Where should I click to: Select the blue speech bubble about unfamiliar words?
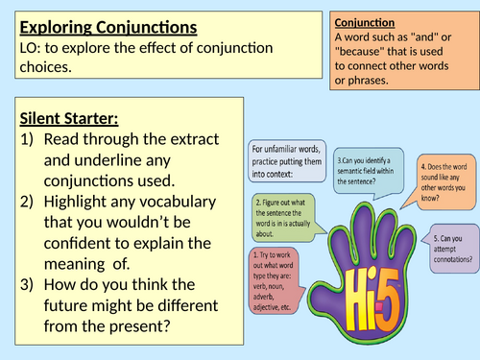pyautogui.click(x=285, y=163)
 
